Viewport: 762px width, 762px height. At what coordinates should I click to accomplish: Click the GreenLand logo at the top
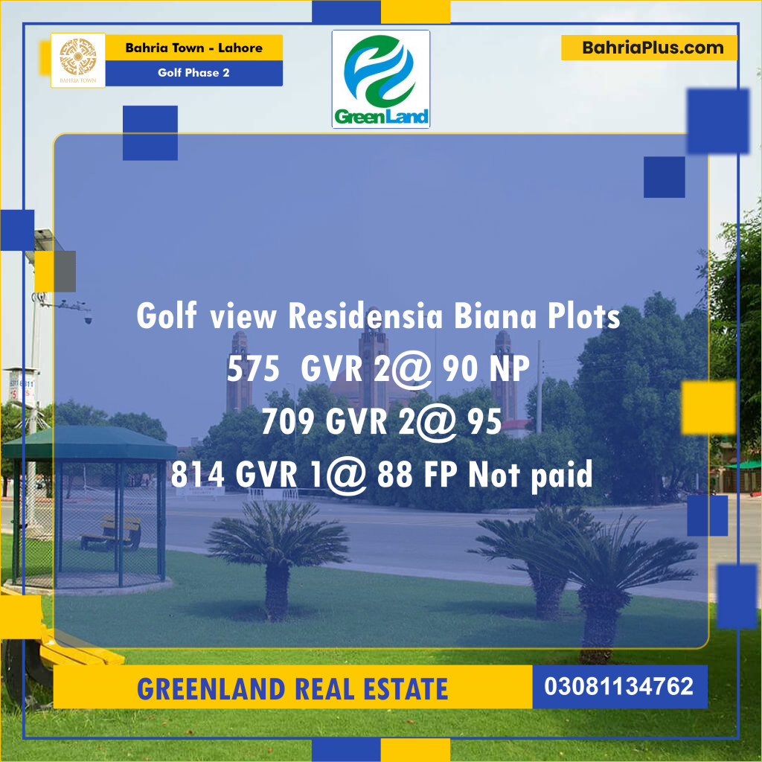tap(380, 79)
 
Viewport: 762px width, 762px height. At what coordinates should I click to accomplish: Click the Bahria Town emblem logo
tap(77, 60)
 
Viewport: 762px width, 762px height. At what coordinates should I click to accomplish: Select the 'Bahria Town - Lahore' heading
tap(193, 48)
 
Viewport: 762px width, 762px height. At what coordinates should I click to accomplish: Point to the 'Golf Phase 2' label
tap(193, 73)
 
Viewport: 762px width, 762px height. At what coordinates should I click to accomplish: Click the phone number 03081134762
tap(619, 686)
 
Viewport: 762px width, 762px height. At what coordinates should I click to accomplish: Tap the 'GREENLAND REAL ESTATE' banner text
tap(292, 688)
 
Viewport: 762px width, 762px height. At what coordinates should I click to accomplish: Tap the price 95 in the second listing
tap(484, 423)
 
